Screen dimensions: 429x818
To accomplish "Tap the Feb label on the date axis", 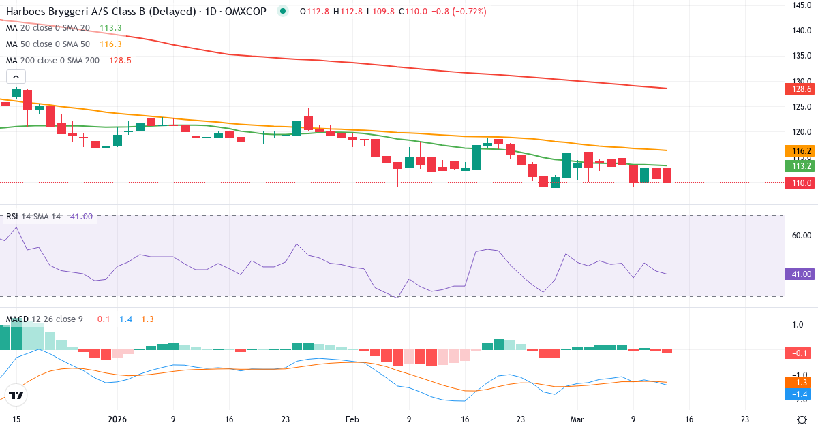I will click(x=352, y=419).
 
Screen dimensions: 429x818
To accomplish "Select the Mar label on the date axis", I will click(x=577, y=419).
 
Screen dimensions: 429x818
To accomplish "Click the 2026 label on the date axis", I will click(x=117, y=419).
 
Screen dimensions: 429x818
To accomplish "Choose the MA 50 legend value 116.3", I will click(x=110, y=44).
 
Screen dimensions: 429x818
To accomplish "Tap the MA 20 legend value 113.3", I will click(x=110, y=28).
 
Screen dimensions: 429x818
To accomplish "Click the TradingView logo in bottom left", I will click(x=16, y=395).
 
